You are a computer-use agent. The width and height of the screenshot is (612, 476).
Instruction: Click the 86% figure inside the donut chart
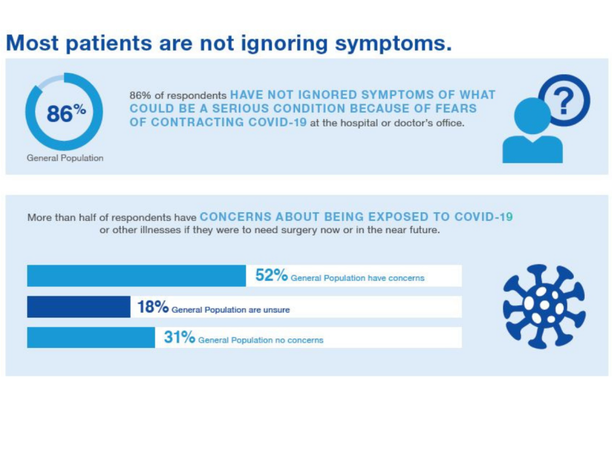coord(65,114)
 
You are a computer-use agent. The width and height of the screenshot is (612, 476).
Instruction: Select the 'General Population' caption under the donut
coord(65,158)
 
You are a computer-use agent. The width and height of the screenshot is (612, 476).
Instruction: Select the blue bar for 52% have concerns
coord(136,276)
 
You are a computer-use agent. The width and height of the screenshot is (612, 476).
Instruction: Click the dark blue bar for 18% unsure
coord(78,307)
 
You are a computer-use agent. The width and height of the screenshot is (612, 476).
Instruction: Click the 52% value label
coord(271,275)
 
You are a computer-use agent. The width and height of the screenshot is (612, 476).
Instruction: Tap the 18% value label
coord(152,307)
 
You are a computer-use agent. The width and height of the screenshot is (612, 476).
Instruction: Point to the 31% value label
coord(179,338)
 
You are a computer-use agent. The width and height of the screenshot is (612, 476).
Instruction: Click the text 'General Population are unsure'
coord(231,309)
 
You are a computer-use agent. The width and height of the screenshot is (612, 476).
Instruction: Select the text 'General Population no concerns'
coord(260,340)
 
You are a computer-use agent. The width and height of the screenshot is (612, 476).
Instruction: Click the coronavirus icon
coord(543,306)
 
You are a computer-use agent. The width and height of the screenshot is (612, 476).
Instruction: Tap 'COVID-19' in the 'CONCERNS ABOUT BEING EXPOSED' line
coord(483,217)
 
